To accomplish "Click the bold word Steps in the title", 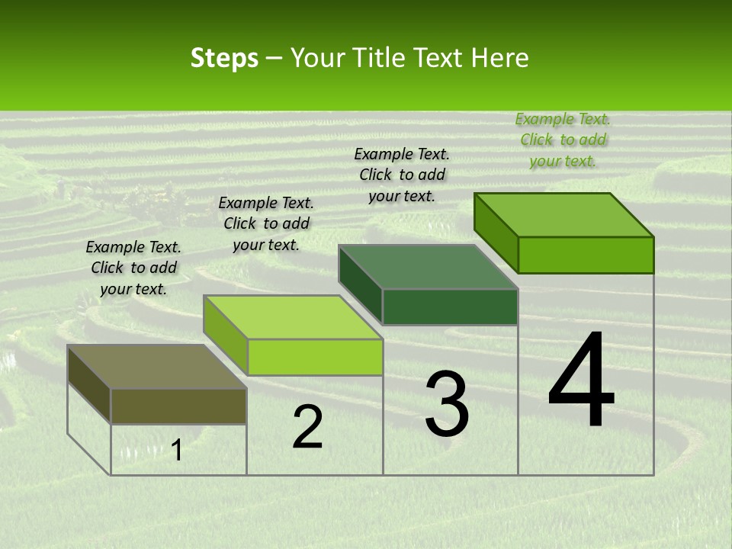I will click(224, 58).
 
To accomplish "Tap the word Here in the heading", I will click(502, 58).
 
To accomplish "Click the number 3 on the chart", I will click(446, 404).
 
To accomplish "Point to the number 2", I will click(307, 427).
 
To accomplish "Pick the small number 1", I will click(177, 451).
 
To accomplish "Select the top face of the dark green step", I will click(428, 267).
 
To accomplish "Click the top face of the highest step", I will click(563, 215).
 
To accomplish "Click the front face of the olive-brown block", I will click(178, 406).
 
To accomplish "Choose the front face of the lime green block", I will click(314, 357).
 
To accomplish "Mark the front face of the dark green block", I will click(450, 307).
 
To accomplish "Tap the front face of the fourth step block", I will click(586, 255).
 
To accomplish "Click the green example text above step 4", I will click(563, 140).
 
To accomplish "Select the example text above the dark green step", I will click(402, 175).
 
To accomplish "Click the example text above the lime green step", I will click(266, 223).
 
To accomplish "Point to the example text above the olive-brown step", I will click(133, 268).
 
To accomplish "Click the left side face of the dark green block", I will click(360, 286).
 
